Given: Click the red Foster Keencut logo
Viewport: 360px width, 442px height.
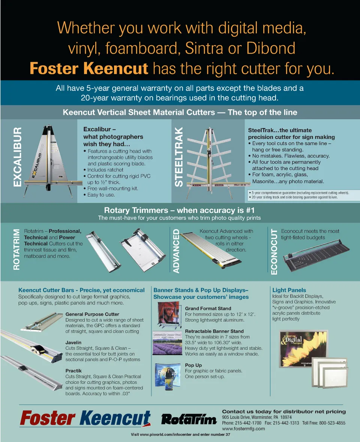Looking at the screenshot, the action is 85,418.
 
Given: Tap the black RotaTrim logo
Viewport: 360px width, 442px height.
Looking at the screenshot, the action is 189,420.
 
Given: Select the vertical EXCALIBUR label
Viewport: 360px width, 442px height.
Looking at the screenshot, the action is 17,157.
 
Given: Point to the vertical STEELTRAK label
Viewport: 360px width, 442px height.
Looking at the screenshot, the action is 179,157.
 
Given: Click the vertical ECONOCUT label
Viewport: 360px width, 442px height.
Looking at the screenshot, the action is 274,251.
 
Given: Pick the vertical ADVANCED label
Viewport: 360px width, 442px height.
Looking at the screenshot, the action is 176,251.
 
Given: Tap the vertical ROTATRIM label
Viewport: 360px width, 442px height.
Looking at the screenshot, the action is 16,249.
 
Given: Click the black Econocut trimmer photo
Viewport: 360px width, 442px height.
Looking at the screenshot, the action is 316,256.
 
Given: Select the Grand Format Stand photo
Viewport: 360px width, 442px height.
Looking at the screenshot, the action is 168,315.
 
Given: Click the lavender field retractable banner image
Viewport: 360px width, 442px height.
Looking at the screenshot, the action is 167,343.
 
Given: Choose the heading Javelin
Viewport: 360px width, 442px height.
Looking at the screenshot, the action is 73,342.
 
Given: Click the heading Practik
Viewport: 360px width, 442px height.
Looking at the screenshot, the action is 73,371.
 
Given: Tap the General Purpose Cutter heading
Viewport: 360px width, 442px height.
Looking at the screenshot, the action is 92,314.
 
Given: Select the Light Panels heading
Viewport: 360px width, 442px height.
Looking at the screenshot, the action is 289,290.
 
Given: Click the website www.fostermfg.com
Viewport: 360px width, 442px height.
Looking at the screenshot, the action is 243,429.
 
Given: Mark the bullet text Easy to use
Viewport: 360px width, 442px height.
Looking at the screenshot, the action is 101,195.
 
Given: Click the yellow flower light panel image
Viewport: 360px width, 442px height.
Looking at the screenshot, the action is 304,349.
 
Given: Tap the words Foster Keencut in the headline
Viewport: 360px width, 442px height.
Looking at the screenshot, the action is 89,69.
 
